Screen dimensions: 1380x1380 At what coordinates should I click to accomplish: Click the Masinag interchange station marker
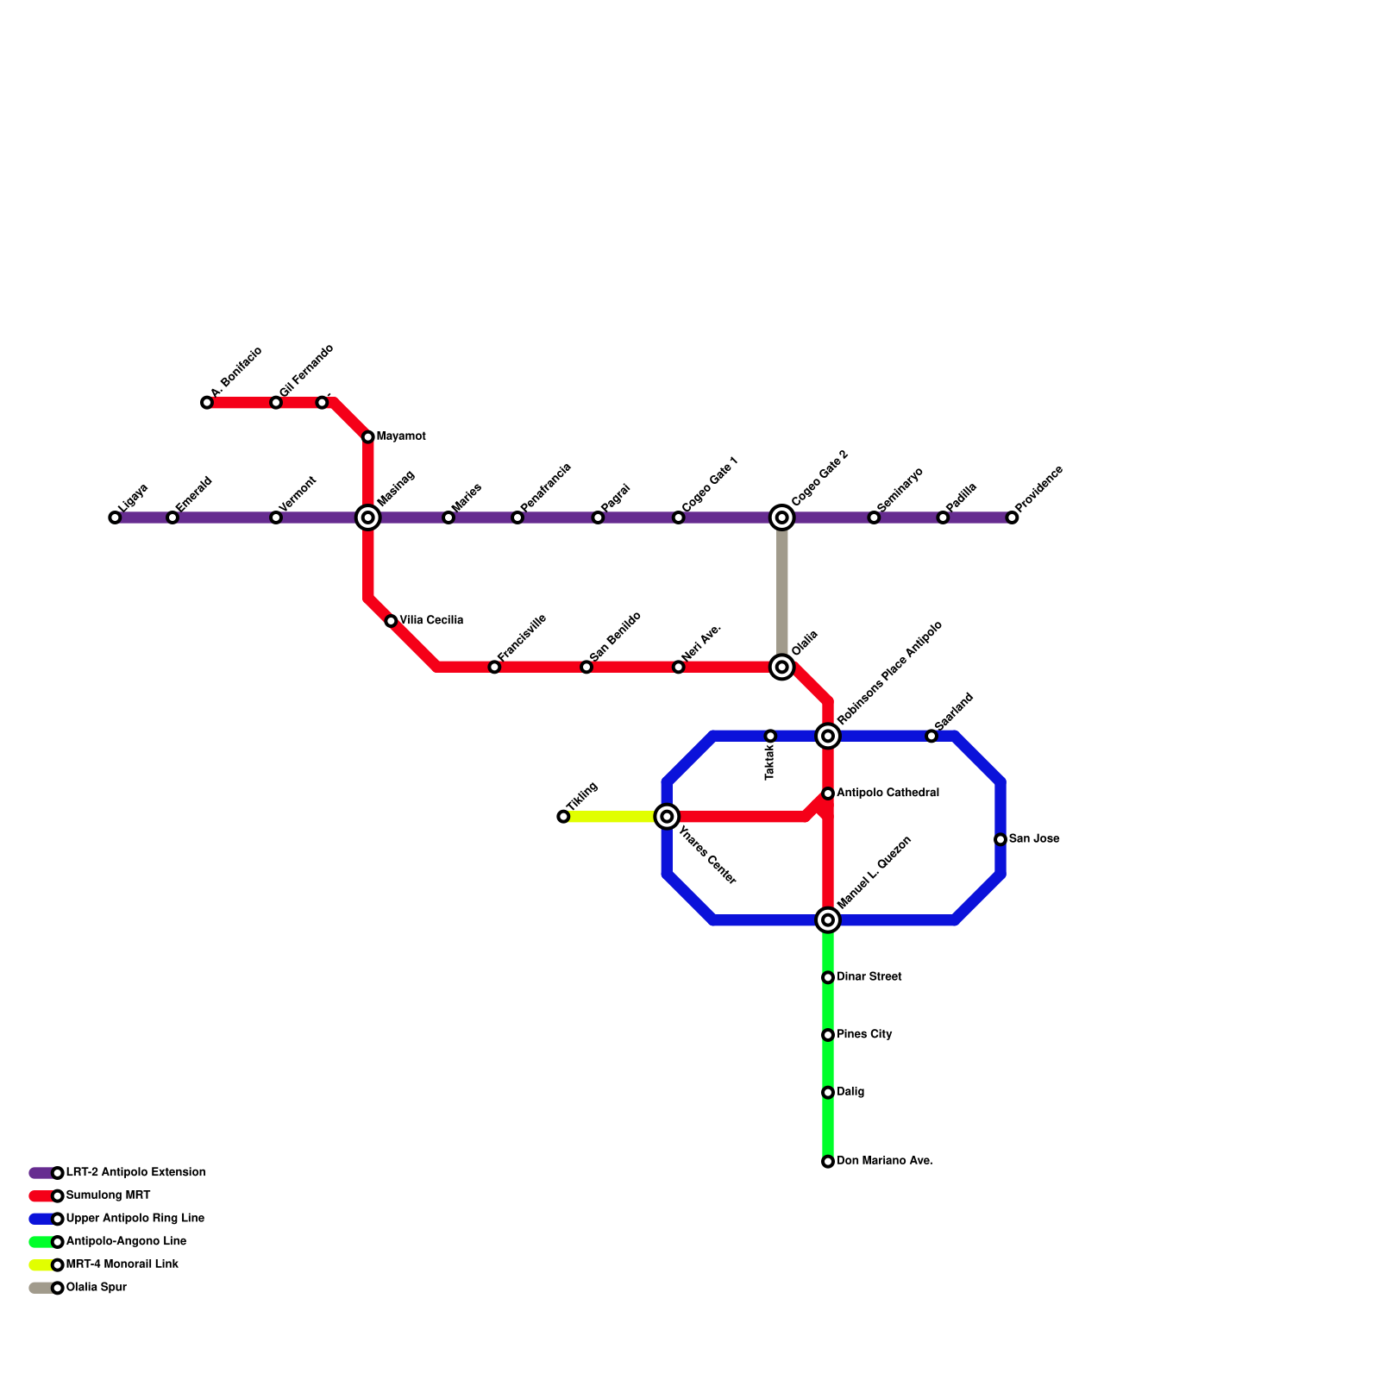click(x=368, y=517)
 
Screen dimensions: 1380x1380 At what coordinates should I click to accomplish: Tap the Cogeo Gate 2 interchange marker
click(x=782, y=517)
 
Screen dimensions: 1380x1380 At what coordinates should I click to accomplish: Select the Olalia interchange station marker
click(x=782, y=667)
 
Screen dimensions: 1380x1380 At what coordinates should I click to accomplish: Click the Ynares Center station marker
click(x=667, y=816)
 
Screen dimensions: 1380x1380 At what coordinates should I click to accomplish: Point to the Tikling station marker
click(x=563, y=817)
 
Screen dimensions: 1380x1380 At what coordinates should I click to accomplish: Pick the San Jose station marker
click(x=1000, y=839)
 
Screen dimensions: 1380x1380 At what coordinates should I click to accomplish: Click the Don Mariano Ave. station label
click(x=884, y=1161)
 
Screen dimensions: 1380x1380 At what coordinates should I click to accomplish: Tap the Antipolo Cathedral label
click(x=888, y=793)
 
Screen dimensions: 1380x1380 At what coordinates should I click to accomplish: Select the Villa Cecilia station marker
click(x=391, y=621)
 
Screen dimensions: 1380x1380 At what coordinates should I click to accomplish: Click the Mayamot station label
click(x=401, y=436)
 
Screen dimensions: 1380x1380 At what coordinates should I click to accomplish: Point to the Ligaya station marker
click(x=115, y=517)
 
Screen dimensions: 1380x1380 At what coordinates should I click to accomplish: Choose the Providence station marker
click(x=1012, y=517)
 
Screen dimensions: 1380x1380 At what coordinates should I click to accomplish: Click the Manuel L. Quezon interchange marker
click(x=828, y=920)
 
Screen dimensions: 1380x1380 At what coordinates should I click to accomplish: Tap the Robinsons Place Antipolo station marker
click(x=828, y=736)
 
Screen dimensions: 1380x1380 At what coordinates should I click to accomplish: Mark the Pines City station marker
click(x=828, y=1035)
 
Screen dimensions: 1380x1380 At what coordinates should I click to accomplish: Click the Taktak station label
click(x=770, y=762)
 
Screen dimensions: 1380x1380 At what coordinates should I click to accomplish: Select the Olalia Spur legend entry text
click(x=97, y=1288)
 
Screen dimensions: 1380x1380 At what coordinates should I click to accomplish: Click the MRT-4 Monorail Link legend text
click(x=122, y=1264)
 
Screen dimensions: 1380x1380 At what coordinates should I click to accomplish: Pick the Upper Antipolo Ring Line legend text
click(x=135, y=1219)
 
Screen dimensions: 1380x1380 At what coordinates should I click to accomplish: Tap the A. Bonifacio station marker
click(x=207, y=403)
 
